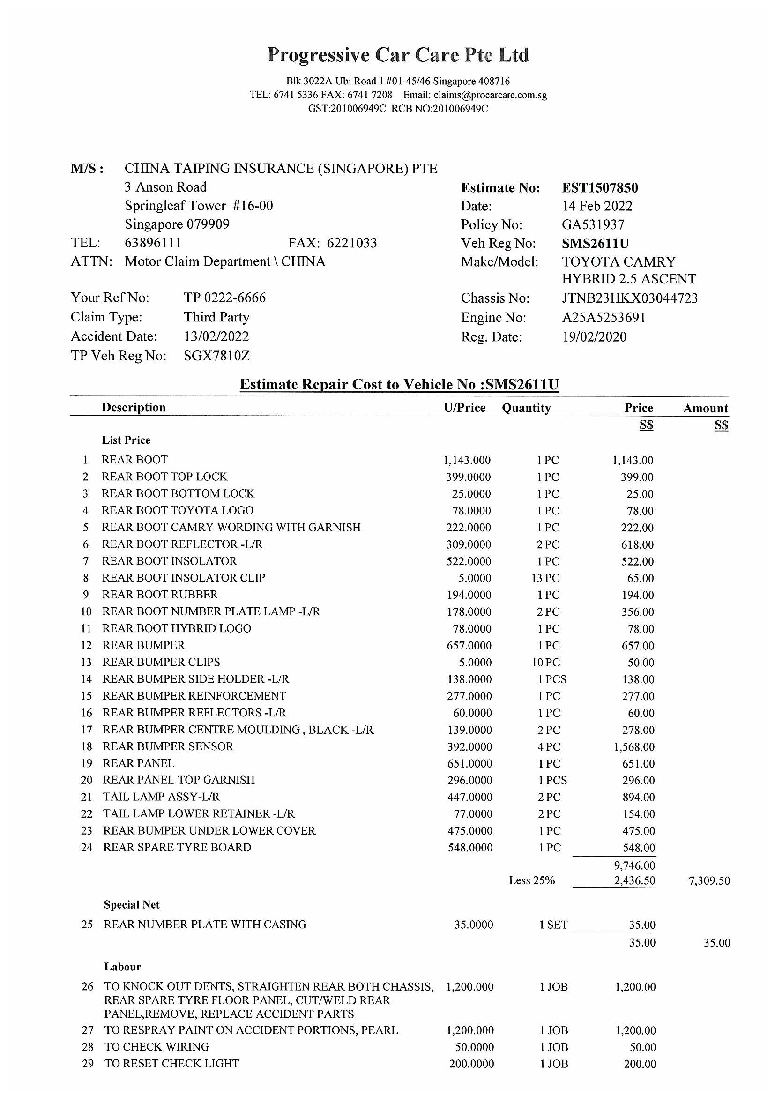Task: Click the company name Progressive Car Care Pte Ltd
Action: pos(398,55)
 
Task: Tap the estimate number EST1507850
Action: pos(599,187)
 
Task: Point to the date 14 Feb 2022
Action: pos(597,206)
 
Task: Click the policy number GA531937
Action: pos(593,224)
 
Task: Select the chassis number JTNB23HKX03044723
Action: pos(629,298)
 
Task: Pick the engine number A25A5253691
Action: pos(604,317)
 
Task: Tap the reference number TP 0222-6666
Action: pos(224,298)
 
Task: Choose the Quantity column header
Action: pos(526,408)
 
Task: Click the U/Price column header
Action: pos(464,408)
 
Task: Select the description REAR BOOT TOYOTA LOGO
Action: pos(177,510)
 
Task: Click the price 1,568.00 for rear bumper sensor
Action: pos(634,746)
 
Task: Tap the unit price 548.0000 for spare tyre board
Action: pos(470,847)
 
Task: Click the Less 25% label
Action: pos(532,880)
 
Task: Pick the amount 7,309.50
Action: pos(709,881)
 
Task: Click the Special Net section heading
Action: pos(131,904)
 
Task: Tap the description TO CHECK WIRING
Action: pos(156,1047)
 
